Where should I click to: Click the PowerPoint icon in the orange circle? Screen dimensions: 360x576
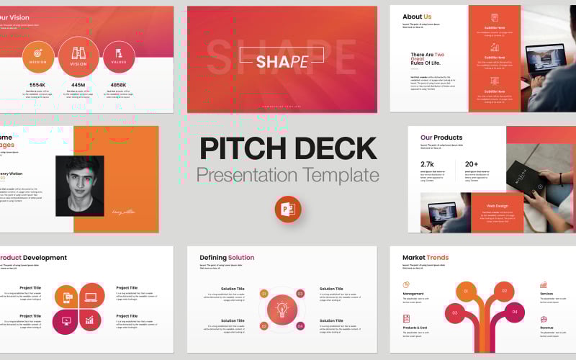(x=287, y=210)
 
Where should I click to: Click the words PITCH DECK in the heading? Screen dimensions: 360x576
(x=288, y=148)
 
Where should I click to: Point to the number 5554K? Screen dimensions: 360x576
(x=37, y=84)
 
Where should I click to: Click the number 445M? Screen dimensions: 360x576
(x=78, y=84)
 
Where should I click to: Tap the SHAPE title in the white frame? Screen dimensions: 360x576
(x=282, y=61)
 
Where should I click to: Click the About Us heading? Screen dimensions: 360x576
(x=417, y=17)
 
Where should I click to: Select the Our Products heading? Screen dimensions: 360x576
(x=441, y=138)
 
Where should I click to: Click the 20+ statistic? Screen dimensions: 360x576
(x=472, y=163)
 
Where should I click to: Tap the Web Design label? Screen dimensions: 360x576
(x=497, y=205)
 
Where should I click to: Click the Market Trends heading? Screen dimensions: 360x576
(x=425, y=258)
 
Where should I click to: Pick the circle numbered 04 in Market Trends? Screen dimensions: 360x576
(x=513, y=312)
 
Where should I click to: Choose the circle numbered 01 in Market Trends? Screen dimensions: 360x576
(x=466, y=292)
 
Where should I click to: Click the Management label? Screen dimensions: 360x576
(x=413, y=294)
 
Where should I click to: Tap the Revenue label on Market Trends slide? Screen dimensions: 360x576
(x=546, y=328)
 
